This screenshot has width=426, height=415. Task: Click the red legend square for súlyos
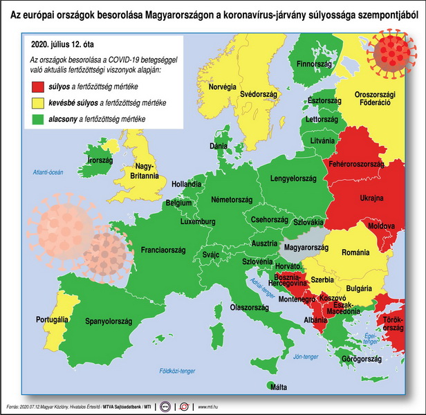click(37, 87)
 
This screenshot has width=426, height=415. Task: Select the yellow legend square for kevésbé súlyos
click(37, 103)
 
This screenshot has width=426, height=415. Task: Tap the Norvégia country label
click(223, 86)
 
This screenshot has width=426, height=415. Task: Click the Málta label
click(279, 387)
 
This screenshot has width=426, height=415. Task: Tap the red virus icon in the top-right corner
click(393, 52)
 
